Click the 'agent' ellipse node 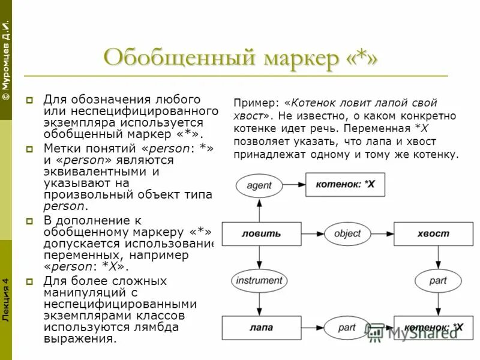[x=259, y=185]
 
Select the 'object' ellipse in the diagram [x=347, y=233]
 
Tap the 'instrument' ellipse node [x=259, y=280]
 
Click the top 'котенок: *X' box [x=345, y=185]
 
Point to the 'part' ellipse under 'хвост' [x=437, y=280]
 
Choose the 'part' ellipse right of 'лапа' [x=347, y=328]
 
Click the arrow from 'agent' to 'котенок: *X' [x=294, y=185]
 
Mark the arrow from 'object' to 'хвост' [x=382, y=233]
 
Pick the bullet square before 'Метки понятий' [x=29, y=148]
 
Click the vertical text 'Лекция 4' [x=5, y=299]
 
